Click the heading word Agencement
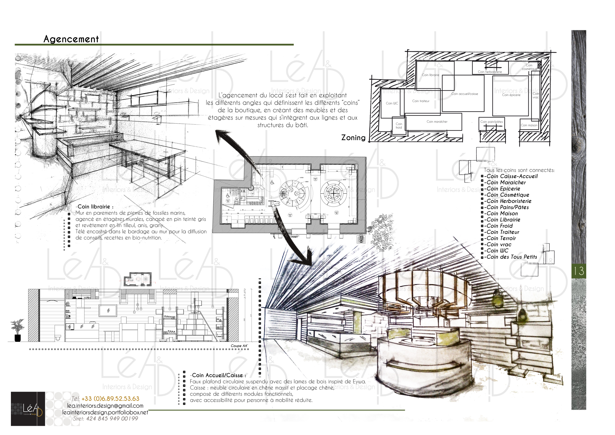[71, 39]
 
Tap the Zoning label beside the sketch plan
[353, 138]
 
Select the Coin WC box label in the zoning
[392, 103]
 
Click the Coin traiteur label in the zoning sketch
[421, 101]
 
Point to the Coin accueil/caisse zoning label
[464, 94]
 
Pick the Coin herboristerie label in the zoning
[490, 72]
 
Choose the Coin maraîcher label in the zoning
[437, 122]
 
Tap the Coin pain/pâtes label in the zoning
[492, 122]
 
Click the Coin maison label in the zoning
[529, 125]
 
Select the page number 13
[579, 271]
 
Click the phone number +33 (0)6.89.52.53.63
[110, 399]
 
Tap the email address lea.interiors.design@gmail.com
[105, 406]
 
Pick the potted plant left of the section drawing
[17, 330]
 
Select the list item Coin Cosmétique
[508, 195]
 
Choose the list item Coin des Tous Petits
[512, 257]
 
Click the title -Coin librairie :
[94, 207]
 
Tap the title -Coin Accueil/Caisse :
[218, 375]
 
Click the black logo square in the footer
[28, 409]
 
